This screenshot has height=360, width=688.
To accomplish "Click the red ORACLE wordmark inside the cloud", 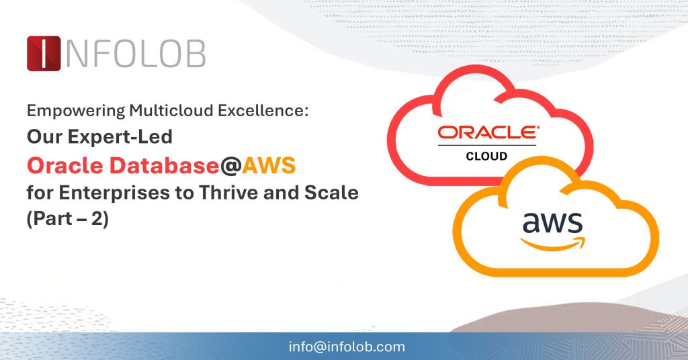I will [x=485, y=132].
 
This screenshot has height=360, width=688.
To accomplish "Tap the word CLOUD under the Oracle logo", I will [x=486, y=156].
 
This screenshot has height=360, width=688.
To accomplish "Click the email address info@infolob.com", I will [x=347, y=347].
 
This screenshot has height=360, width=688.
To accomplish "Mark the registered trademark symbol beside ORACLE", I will [x=535, y=126].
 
